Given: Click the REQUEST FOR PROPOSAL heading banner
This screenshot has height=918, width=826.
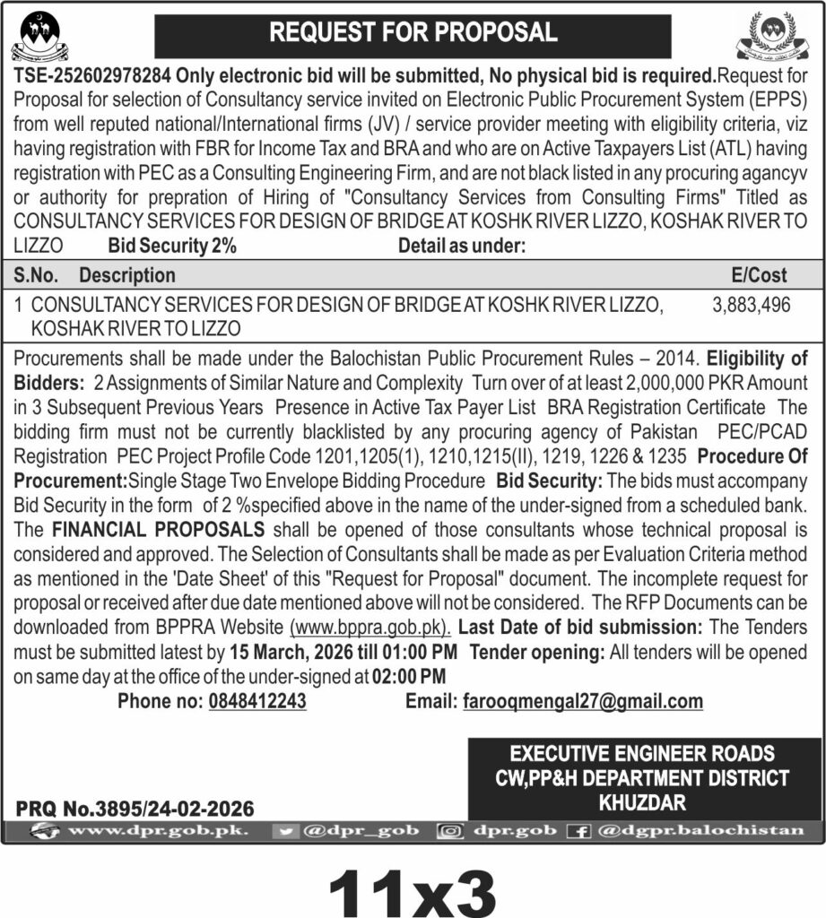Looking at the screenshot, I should pos(413,33).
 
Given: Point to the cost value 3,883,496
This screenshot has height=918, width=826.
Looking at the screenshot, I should pos(752,305).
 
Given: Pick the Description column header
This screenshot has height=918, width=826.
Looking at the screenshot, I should pos(126,274).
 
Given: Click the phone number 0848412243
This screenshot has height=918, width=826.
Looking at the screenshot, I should pos(256,701).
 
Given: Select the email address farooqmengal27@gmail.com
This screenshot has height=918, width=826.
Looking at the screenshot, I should pos(583,701).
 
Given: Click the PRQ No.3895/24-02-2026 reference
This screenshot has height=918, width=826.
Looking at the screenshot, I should pos(135,808).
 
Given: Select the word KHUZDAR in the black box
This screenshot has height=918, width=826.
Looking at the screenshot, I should pos(644,801).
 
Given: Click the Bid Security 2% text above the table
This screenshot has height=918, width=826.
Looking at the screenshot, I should pos(172,246).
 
